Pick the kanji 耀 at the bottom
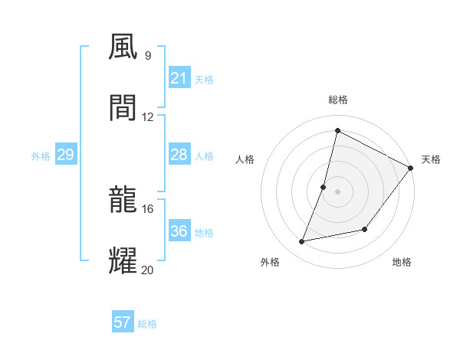123,260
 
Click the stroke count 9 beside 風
147,55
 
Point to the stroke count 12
148,116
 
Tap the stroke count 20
148,270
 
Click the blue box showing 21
179,78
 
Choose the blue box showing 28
179,155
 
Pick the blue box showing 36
179,231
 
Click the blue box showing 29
65,155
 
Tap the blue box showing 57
123,322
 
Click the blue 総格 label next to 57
147,324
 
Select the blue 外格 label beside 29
41,156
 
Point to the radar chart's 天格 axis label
431,159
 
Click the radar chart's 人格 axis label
245,159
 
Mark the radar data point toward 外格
302,242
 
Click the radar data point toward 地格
365,229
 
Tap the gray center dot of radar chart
337,191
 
